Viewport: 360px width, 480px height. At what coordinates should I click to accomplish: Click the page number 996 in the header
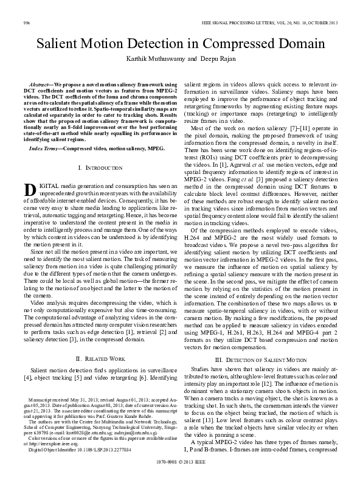[x=26, y=23]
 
